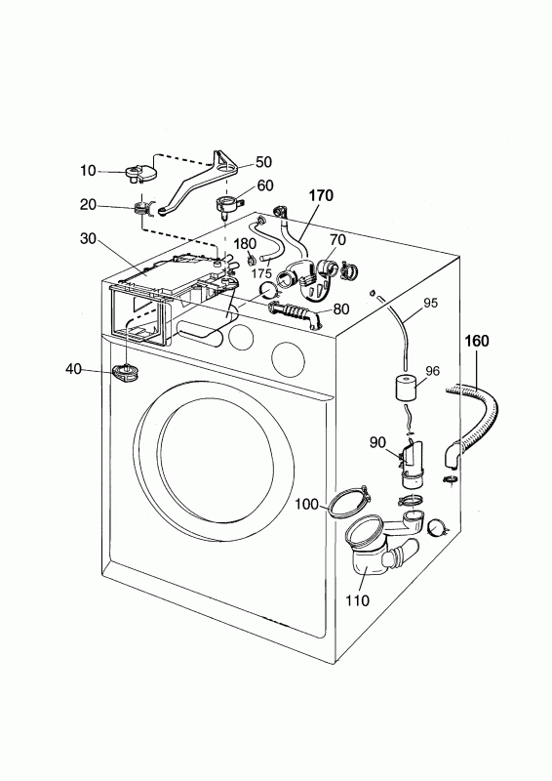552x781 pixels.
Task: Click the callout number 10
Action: pos(88,170)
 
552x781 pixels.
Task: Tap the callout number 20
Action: pos(88,204)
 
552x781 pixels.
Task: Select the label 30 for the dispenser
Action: pos(88,238)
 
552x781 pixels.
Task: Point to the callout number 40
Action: pos(74,369)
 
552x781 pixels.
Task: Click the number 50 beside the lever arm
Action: pos(263,162)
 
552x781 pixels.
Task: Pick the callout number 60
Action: pos(265,185)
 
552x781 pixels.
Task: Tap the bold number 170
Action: pos(321,196)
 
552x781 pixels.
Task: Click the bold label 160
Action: pos(477,341)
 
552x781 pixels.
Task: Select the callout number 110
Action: pos(357,600)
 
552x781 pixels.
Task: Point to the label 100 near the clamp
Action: pos(306,505)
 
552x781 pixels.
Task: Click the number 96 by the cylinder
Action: pos(433,371)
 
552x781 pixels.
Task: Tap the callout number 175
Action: pos(260,273)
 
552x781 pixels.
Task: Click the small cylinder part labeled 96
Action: pos(407,388)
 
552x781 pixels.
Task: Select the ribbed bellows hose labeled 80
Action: pos(294,314)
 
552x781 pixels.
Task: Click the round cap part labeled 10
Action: pos(140,174)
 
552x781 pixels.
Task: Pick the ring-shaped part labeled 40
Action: pos(126,372)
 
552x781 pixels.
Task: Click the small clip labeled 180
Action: pos(252,261)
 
